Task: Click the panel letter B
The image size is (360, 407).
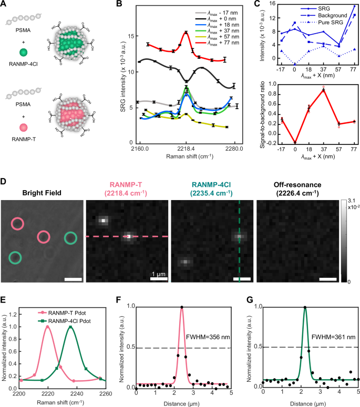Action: [119, 5]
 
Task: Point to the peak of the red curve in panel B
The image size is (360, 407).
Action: [186, 33]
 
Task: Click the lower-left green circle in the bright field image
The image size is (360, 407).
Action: [15, 257]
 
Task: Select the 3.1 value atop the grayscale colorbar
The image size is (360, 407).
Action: [347, 201]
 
